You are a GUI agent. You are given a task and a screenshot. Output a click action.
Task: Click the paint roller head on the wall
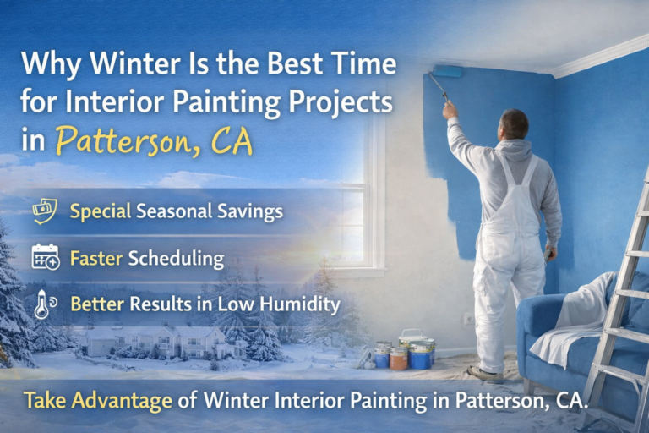click(446, 71)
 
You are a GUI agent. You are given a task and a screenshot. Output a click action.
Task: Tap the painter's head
click(514, 125)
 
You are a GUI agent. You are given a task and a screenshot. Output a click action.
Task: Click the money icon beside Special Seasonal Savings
click(45, 211)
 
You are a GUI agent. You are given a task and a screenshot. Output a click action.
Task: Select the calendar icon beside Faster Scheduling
click(46, 257)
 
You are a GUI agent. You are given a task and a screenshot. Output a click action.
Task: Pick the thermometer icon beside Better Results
click(45, 304)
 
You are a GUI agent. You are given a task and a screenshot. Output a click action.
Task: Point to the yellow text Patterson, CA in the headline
click(154, 140)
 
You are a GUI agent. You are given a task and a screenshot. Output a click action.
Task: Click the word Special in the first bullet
click(101, 211)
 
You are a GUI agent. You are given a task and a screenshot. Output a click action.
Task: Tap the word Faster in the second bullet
click(96, 258)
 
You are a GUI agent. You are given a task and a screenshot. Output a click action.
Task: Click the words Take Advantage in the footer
click(98, 401)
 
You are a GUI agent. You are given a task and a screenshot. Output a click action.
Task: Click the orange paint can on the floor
click(399, 359)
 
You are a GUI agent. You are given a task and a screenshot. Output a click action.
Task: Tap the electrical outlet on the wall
click(469, 319)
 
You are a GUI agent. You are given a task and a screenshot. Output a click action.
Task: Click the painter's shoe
click(485, 374)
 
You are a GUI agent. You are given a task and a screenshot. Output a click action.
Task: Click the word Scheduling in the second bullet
click(176, 259)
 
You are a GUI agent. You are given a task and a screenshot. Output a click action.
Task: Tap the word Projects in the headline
click(341, 102)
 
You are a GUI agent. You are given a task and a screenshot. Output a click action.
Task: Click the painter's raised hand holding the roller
click(450, 110)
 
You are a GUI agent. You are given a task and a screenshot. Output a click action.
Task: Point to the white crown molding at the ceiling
click(600, 56)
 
